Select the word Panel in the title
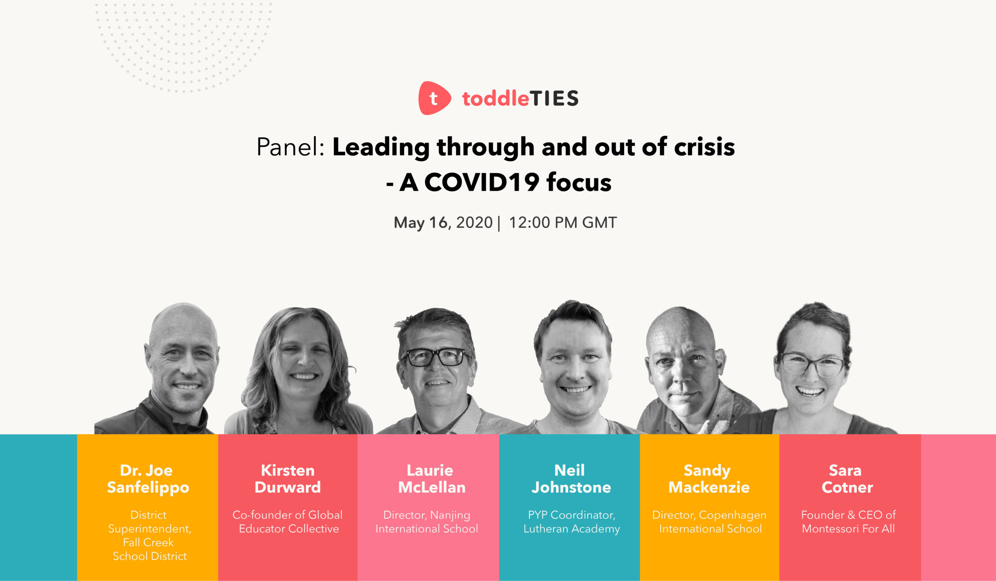(290, 147)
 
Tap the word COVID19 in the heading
(482, 182)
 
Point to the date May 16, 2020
(443, 223)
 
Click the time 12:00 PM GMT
(563, 223)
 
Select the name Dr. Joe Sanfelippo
(148, 479)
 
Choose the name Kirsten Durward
(288, 479)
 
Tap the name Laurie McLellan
(431, 479)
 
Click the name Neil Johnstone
(571, 479)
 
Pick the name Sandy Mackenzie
(708, 479)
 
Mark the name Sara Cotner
(847, 479)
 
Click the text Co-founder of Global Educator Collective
(288, 522)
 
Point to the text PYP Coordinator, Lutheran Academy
(572, 522)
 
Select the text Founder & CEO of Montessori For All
(848, 522)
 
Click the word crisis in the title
(704, 147)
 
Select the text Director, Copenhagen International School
(709, 522)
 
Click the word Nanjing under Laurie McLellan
(450, 515)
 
